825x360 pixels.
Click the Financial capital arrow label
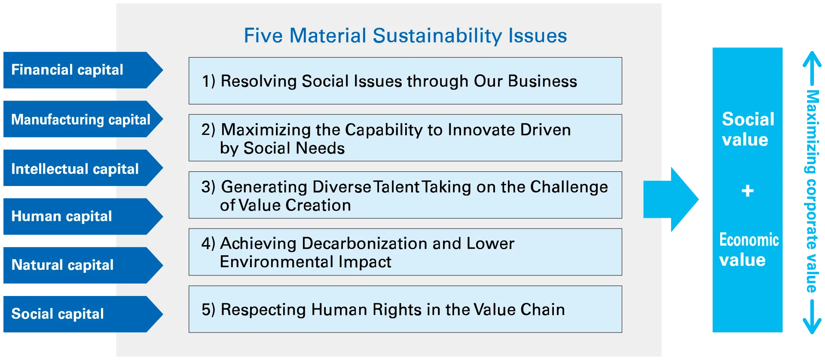point(83,70)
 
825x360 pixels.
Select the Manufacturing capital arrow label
point(83,119)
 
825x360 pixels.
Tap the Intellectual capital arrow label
point(83,168)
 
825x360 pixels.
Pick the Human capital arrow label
point(83,217)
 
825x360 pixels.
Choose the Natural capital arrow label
point(83,265)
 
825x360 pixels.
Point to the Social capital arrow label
point(83,314)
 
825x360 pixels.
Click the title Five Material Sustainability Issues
point(405,36)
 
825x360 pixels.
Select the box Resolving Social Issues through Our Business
point(405,81)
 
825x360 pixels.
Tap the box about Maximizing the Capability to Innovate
point(405,138)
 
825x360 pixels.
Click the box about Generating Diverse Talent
point(405,195)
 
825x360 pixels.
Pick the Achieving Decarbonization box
point(405,252)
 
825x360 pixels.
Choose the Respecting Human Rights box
point(405,309)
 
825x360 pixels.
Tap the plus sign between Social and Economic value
point(748,190)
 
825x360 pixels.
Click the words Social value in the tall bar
point(748,129)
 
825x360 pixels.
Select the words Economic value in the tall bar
point(749,250)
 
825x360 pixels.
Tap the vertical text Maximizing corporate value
point(812,191)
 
